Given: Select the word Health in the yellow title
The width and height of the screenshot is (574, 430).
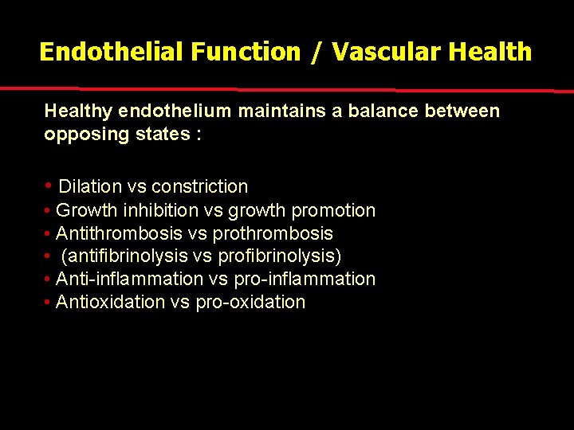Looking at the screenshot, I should point(489,53).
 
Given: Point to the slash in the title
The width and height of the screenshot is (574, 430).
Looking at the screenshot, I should point(316,53).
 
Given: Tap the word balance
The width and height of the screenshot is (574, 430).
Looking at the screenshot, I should point(391,111).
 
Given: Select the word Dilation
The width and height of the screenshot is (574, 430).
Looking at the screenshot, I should point(89,187).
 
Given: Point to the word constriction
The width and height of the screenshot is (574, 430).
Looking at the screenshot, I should point(199,187).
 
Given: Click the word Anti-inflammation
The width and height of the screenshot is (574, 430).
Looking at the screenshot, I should point(130,279).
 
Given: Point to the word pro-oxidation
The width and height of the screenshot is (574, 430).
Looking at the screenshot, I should point(250,303).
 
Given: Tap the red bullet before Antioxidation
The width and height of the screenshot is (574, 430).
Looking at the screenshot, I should point(49,303).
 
